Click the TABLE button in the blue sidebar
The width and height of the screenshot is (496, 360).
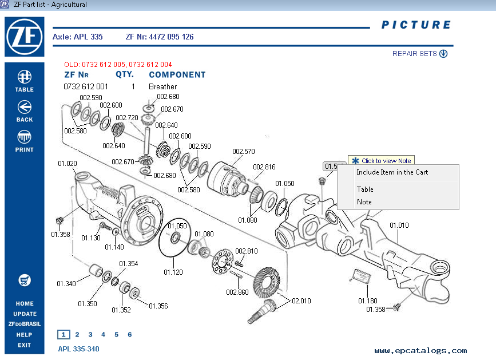tap(24, 81)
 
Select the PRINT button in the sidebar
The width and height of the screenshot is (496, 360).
tap(24, 141)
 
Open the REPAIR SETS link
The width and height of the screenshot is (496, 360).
tap(419, 54)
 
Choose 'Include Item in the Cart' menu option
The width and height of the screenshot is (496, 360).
tap(392, 172)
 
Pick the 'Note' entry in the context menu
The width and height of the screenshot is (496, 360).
tap(364, 202)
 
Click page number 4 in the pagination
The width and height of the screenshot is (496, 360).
tap(103, 335)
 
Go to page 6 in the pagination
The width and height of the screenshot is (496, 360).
tap(130, 335)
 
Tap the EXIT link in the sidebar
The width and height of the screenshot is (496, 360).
tap(24, 345)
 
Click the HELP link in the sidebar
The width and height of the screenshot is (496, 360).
tap(24, 335)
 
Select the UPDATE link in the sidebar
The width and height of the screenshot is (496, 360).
tap(25, 314)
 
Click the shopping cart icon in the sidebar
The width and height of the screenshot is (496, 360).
tap(24, 280)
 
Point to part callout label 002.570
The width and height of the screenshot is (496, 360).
tap(243, 152)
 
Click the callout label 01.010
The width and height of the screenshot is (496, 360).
tap(399, 226)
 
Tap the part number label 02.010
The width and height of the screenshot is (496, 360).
tap(301, 300)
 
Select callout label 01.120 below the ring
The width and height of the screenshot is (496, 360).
tap(173, 272)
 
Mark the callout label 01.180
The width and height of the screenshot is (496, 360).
tap(368, 300)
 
